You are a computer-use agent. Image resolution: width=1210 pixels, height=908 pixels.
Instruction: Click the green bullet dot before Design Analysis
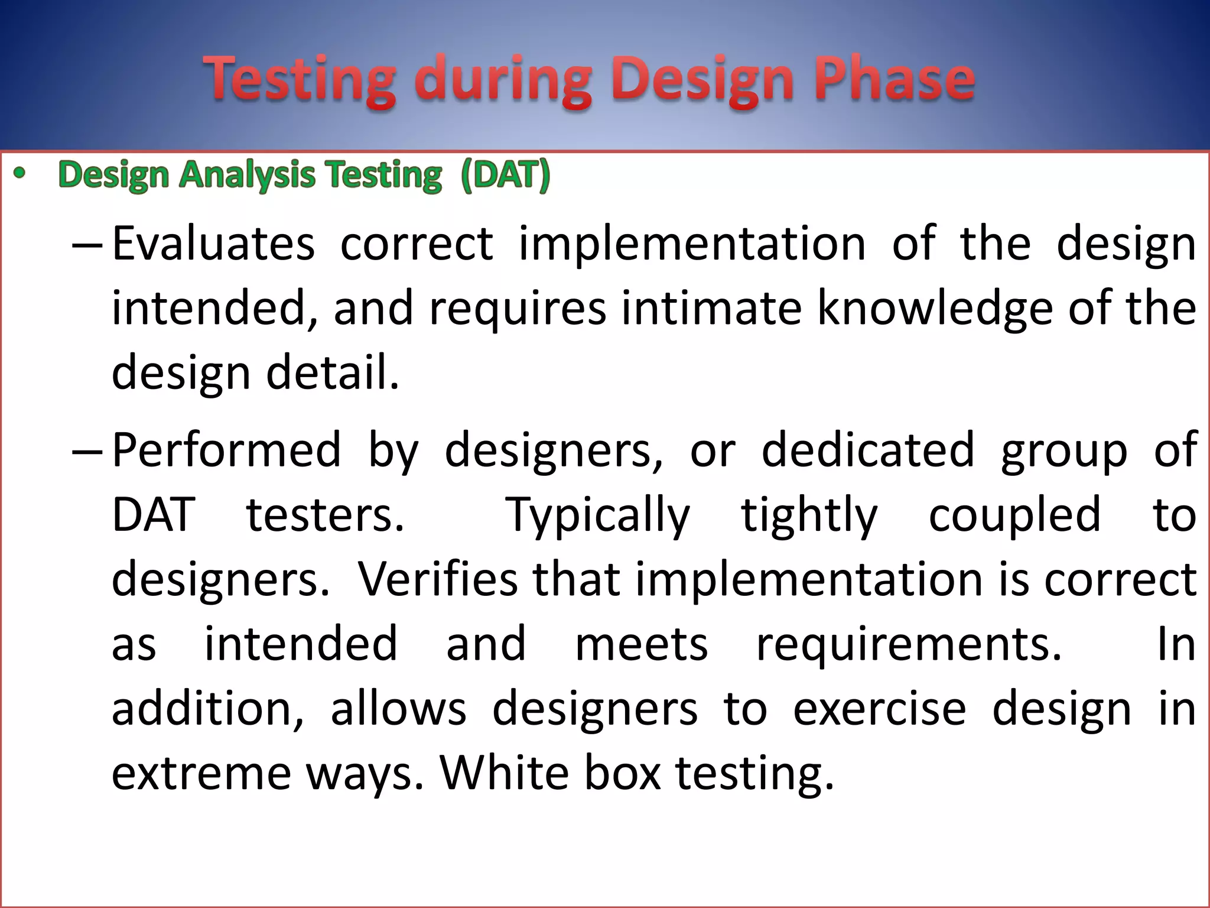[x=20, y=174]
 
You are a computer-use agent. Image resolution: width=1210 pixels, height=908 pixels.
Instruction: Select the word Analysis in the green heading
[x=248, y=176]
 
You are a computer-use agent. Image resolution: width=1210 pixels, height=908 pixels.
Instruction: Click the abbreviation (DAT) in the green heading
[x=505, y=175]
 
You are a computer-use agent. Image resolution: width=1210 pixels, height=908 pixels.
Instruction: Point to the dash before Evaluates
[x=87, y=245]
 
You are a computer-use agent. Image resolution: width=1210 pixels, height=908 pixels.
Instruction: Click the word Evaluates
[x=213, y=244]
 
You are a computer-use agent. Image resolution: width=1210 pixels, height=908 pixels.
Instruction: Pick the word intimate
[x=711, y=309]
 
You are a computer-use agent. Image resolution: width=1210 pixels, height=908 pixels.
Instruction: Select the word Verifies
[x=438, y=579]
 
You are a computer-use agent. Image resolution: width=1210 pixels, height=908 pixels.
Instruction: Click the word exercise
[x=879, y=709]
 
